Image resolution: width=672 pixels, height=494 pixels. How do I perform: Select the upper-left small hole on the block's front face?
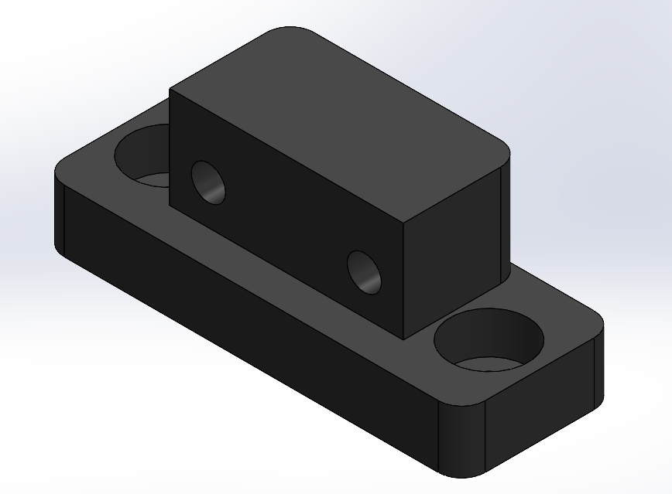(207, 182)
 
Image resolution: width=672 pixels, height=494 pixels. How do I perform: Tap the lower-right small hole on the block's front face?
(364, 272)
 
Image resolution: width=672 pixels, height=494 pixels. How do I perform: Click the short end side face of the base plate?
(542, 417)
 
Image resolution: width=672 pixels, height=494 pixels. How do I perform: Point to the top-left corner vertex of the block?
(170, 90)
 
